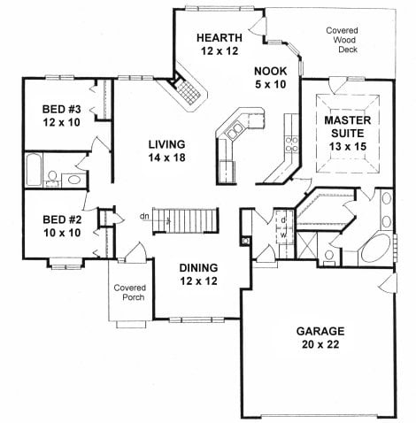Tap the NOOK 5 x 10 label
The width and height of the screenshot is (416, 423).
pyautogui.click(x=270, y=78)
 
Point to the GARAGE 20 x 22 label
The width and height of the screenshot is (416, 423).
pyautogui.click(x=320, y=337)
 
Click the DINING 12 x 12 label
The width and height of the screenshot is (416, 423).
pyautogui.click(x=198, y=274)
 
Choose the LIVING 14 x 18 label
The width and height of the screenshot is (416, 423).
pyautogui.click(x=166, y=150)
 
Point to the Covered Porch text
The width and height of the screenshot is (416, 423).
pyautogui.click(x=130, y=292)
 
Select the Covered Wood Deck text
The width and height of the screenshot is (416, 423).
pyautogui.click(x=343, y=40)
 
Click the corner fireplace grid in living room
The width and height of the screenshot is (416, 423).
pyautogui.click(x=188, y=92)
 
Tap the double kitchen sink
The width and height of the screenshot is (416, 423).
pyautogui.click(x=235, y=131)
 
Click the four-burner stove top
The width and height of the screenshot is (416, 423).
pyautogui.click(x=291, y=144)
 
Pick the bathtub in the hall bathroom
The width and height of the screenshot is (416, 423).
pyautogui.click(x=34, y=169)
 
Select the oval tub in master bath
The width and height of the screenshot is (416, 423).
pyautogui.click(x=375, y=249)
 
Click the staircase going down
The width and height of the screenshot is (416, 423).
pyautogui.click(x=186, y=220)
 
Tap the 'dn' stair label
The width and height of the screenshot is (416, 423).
pyautogui.click(x=144, y=216)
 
